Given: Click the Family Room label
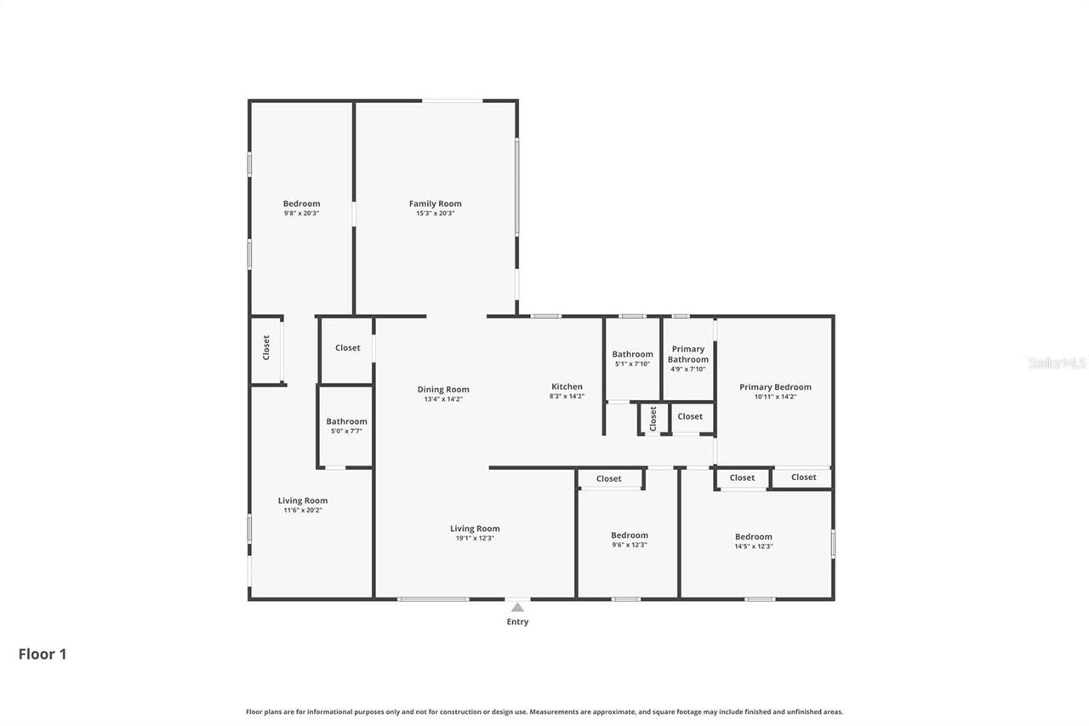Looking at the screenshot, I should pyautogui.click(x=435, y=203).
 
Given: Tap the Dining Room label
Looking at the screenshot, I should pyautogui.click(x=442, y=390).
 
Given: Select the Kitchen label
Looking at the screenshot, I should pyautogui.click(x=567, y=386).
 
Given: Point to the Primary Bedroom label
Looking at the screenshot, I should pyautogui.click(x=774, y=386).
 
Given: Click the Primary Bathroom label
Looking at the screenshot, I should pyautogui.click(x=687, y=354).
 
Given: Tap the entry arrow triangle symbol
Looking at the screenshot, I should pyautogui.click(x=517, y=607).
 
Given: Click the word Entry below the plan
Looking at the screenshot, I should pyautogui.click(x=517, y=622).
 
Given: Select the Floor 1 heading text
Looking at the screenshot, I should pyautogui.click(x=43, y=655).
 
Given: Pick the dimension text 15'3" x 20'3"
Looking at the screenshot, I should pyautogui.click(x=435, y=214).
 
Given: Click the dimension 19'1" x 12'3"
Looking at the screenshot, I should pyautogui.click(x=474, y=538).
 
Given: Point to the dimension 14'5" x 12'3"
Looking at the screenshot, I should pyautogui.click(x=753, y=546).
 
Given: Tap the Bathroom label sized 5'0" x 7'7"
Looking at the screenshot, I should pyautogui.click(x=346, y=421).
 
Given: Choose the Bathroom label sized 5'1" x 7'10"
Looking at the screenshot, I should pyautogui.click(x=632, y=354).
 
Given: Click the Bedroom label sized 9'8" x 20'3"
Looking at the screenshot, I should pyautogui.click(x=301, y=203).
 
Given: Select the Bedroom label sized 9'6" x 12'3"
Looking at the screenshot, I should pyautogui.click(x=629, y=535).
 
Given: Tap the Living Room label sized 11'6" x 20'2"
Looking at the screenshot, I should pyautogui.click(x=302, y=500).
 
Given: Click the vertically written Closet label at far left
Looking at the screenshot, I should pyautogui.click(x=266, y=347).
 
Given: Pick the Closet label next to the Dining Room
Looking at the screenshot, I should pyautogui.click(x=347, y=347).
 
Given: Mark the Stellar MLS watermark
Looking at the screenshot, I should pyautogui.click(x=1057, y=363).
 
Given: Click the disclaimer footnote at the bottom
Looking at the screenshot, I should pyautogui.click(x=544, y=712).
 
